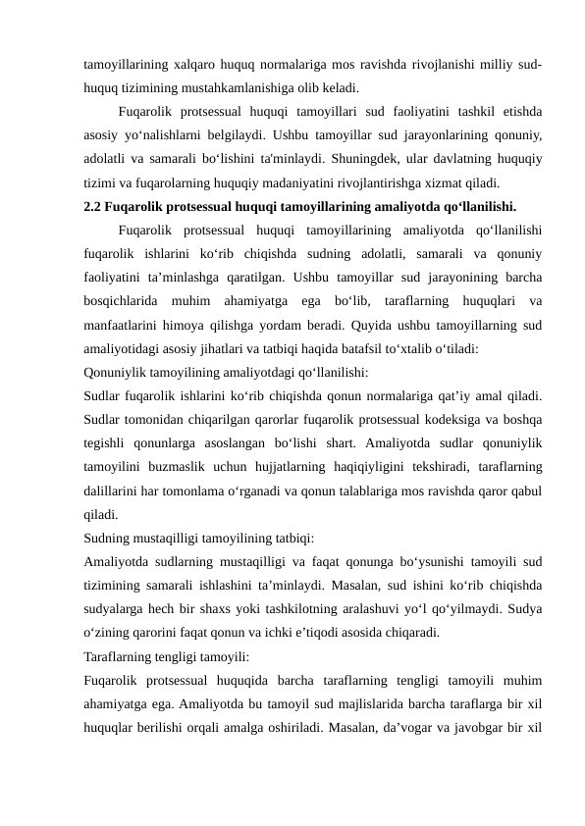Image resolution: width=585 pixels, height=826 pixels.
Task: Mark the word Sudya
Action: pos(525,608)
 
